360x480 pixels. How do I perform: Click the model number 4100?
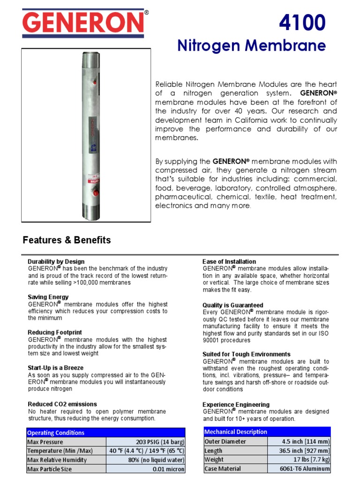[x=302, y=22]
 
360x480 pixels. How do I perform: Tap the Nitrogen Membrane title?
[x=251, y=45]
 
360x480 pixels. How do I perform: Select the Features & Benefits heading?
[x=67, y=240]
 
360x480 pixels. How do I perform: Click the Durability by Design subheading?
[x=56, y=262]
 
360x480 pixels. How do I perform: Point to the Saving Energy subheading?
[x=48, y=297]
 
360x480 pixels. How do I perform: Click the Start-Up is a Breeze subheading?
[x=55, y=368]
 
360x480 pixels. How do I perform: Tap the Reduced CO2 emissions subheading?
[x=62, y=404]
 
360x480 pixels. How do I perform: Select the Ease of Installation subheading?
[x=229, y=262]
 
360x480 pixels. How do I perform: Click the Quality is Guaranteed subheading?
[x=232, y=305]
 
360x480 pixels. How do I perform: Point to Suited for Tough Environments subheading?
[x=246, y=354]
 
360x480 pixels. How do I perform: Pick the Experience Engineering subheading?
[x=236, y=405]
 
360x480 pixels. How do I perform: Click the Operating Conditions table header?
[x=56, y=433]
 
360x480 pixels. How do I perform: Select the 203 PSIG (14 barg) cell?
[x=159, y=442]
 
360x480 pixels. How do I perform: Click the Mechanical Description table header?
[x=236, y=432]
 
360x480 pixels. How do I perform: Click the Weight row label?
[x=214, y=459]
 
